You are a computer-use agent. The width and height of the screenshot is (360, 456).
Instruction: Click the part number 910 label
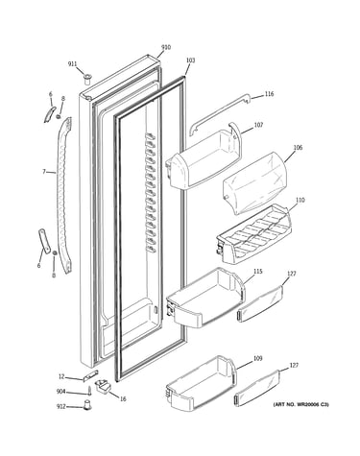166,48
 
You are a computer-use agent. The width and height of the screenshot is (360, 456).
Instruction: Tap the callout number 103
190,60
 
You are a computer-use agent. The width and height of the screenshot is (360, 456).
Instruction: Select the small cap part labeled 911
87,79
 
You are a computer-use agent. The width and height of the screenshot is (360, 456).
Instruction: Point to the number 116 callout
269,94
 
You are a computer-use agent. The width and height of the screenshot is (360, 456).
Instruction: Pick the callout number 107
258,125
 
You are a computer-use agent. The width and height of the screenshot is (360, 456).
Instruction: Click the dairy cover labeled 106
254,184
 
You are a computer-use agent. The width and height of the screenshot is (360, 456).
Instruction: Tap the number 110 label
300,201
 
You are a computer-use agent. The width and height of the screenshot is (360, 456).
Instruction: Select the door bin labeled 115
205,298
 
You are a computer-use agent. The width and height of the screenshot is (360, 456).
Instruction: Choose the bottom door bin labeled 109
203,382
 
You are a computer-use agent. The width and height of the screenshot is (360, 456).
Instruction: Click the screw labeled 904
90,391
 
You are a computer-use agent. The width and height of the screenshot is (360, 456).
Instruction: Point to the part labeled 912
87,404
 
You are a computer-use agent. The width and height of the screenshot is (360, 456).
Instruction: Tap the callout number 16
123,399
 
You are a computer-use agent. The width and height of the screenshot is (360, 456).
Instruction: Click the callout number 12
61,377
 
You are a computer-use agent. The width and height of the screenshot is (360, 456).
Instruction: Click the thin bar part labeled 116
219,112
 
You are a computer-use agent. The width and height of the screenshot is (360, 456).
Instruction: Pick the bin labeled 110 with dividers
254,234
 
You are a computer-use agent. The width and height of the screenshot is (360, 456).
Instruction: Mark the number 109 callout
257,358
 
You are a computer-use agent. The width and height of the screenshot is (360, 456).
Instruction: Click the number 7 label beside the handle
44,172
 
